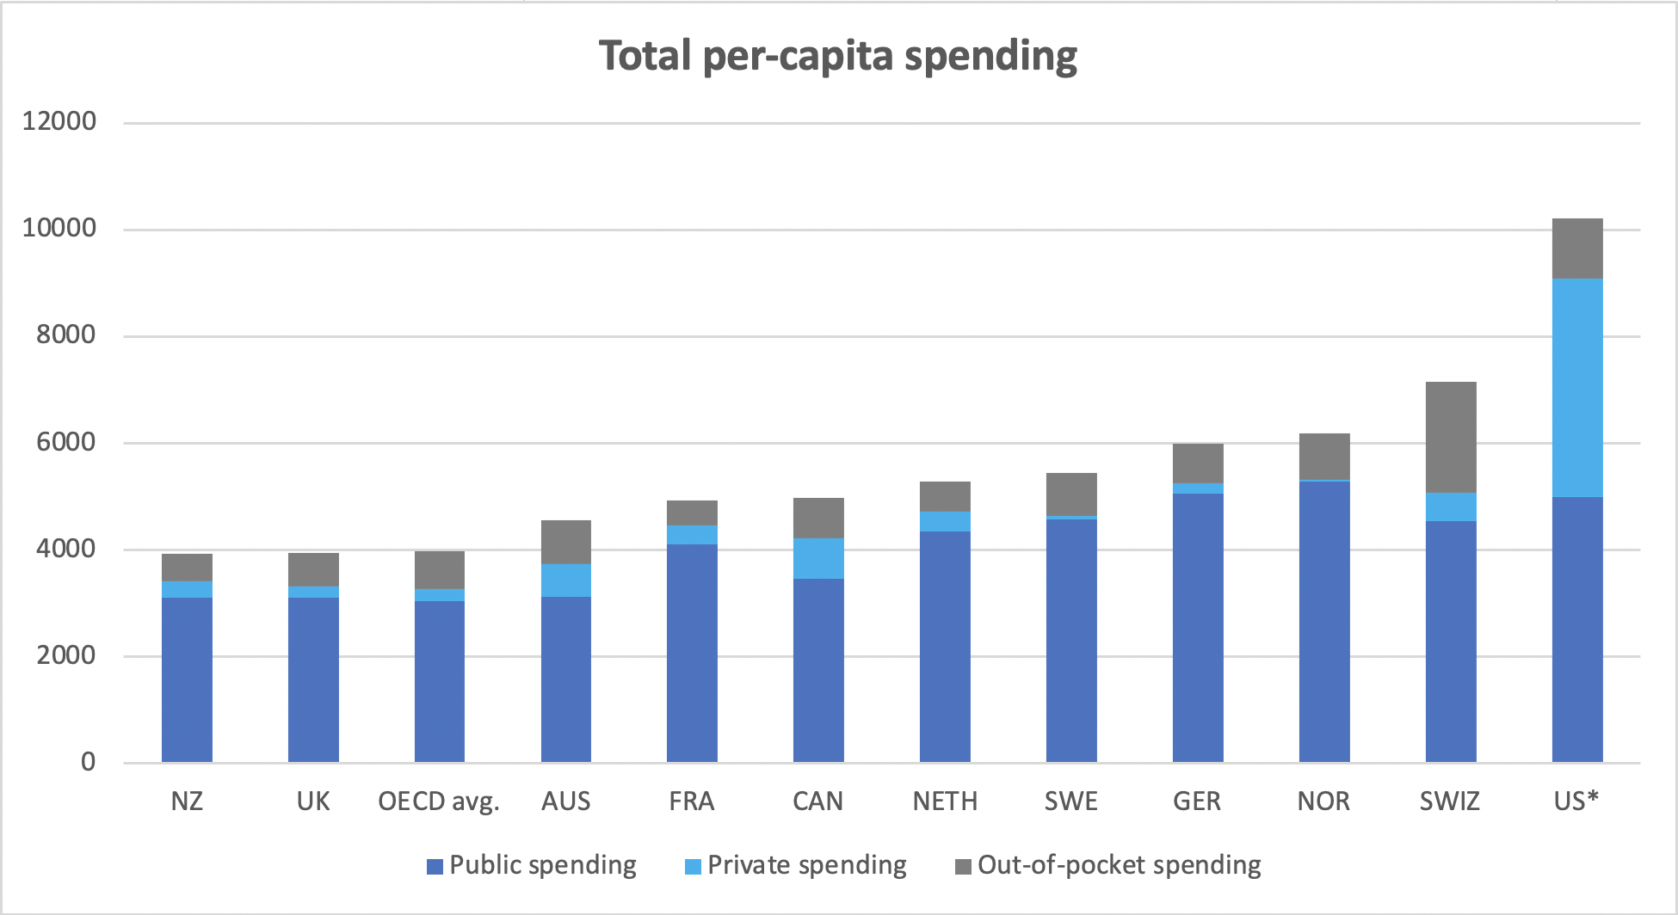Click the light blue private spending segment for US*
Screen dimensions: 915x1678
pyautogui.click(x=1577, y=387)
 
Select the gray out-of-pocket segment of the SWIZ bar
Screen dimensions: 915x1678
pyautogui.click(x=1451, y=437)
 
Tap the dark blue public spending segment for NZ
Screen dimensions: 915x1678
pyautogui.click(x=187, y=679)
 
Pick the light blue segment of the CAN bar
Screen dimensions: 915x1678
pyautogui.click(x=818, y=558)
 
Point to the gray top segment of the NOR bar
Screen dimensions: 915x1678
pyautogui.click(x=1324, y=456)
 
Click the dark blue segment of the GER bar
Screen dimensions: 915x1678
pyautogui.click(x=1198, y=628)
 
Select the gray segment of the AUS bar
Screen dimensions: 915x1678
pyautogui.click(x=566, y=542)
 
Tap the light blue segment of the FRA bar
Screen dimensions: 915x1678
pyautogui.click(x=692, y=535)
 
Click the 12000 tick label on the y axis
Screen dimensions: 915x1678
pyautogui.click(x=59, y=121)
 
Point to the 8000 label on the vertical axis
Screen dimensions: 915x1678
pyautogui.click(x=66, y=335)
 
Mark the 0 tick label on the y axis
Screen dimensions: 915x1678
pyautogui.click(x=88, y=762)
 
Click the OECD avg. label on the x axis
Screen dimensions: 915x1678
pyautogui.click(x=439, y=801)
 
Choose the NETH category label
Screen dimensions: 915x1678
pyautogui.click(x=945, y=801)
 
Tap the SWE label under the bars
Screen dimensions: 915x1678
pyautogui.click(x=1071, y=801)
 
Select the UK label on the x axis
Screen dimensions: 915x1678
pyautogui.click(x=313, y=801)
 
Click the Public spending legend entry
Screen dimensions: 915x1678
pyautogui.click(x=542, y=865)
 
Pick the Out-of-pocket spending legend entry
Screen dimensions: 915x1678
pyautogui.click(x=1119, y=865)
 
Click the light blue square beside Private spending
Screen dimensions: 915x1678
pyautogui.click(x=693, y=867)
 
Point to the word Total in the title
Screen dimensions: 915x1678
pyautogui.click(x=645, y=57)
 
